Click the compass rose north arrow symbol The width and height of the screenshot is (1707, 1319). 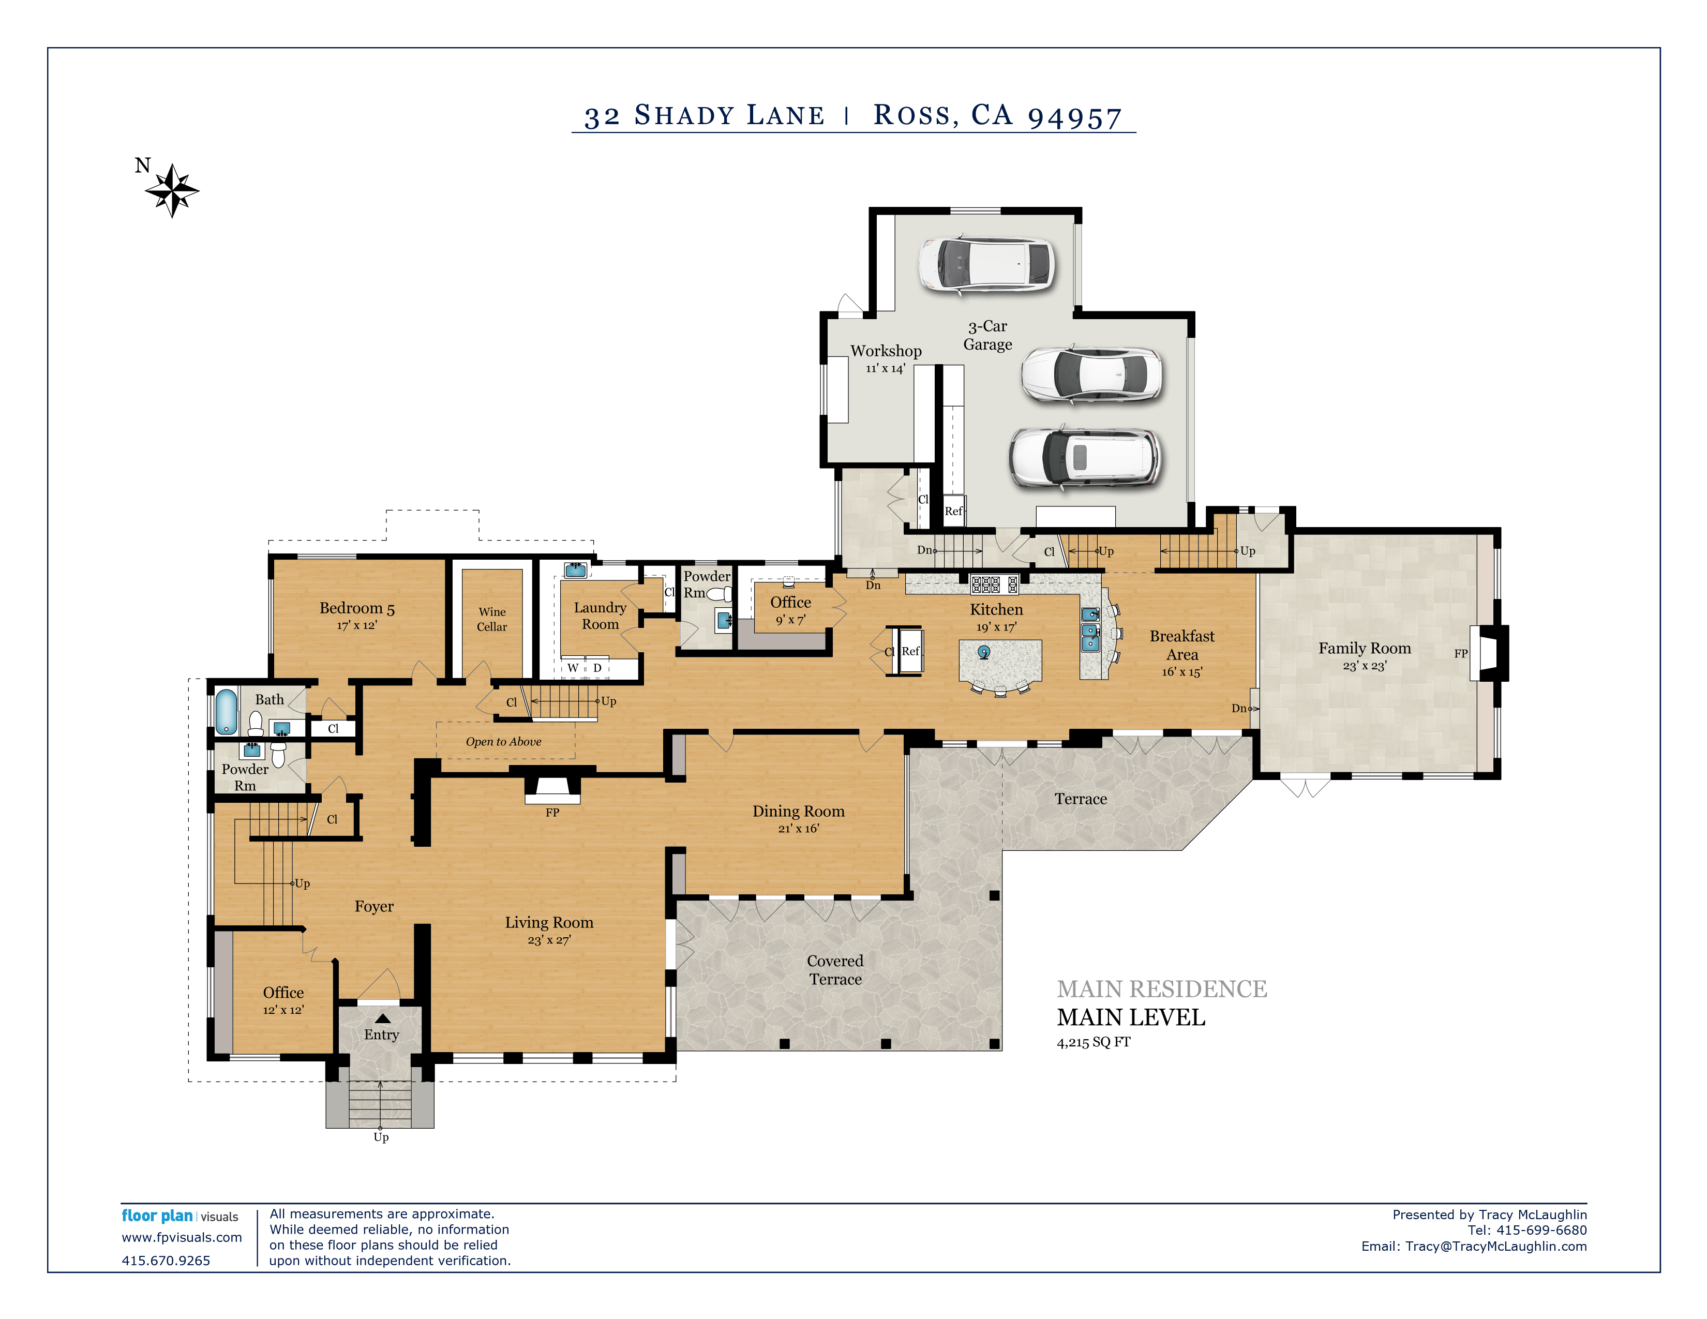172,190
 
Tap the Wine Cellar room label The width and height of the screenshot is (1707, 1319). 491,619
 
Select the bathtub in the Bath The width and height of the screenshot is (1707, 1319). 226,712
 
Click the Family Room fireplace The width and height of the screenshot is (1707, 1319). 1488,653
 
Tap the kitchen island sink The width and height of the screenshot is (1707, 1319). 983,652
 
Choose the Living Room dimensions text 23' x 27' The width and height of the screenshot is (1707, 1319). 549,940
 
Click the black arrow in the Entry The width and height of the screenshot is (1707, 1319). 382,1018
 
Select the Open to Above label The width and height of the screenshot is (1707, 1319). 503,742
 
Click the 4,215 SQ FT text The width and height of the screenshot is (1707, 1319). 1094,1042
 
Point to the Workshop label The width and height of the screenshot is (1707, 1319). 886,351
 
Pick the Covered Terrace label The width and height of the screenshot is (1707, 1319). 835,970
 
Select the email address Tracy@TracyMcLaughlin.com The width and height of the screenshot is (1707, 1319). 1496,1247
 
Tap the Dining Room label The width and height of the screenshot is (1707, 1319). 798,811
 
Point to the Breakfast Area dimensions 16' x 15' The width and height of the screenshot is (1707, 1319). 1182,672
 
